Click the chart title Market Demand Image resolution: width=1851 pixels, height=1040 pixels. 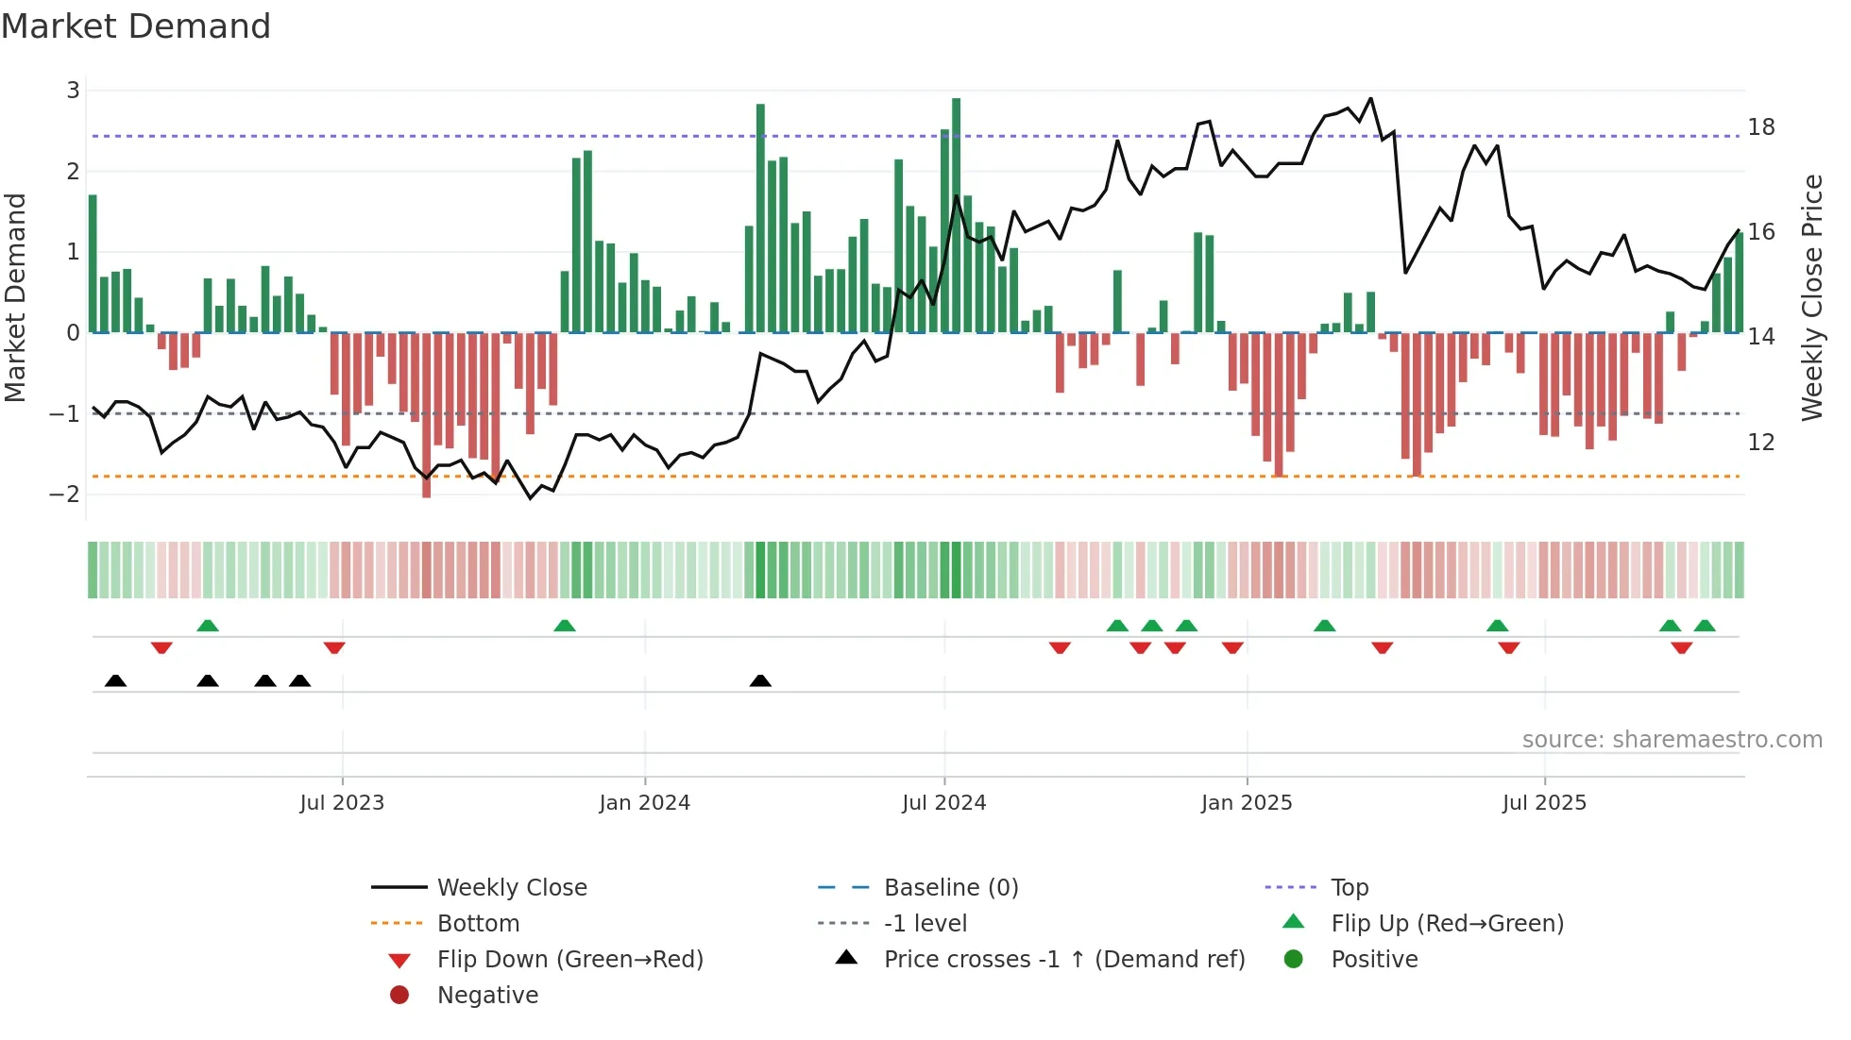point(136,26)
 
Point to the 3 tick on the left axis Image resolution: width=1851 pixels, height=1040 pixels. point(73,91)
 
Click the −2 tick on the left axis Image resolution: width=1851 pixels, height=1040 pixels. point(64,494)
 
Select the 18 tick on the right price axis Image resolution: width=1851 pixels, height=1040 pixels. point(1761,127)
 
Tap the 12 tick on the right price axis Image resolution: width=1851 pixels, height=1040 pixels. point(1761,442)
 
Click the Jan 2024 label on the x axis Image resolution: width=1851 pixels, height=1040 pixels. point(644,803)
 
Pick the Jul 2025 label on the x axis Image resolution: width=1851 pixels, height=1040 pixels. point(1544,803)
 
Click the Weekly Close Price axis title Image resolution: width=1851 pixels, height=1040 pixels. point(1811,297)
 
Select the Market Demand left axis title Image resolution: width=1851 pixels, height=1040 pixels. point(15,297)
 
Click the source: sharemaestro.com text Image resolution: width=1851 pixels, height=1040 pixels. point(1672,740)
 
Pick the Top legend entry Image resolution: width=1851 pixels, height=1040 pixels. point(1350,888)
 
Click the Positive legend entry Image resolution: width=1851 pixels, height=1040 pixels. point(1374,960)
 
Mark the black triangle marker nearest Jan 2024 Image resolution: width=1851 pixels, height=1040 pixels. point(760,680)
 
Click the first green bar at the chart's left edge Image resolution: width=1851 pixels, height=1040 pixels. point(93,264)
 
